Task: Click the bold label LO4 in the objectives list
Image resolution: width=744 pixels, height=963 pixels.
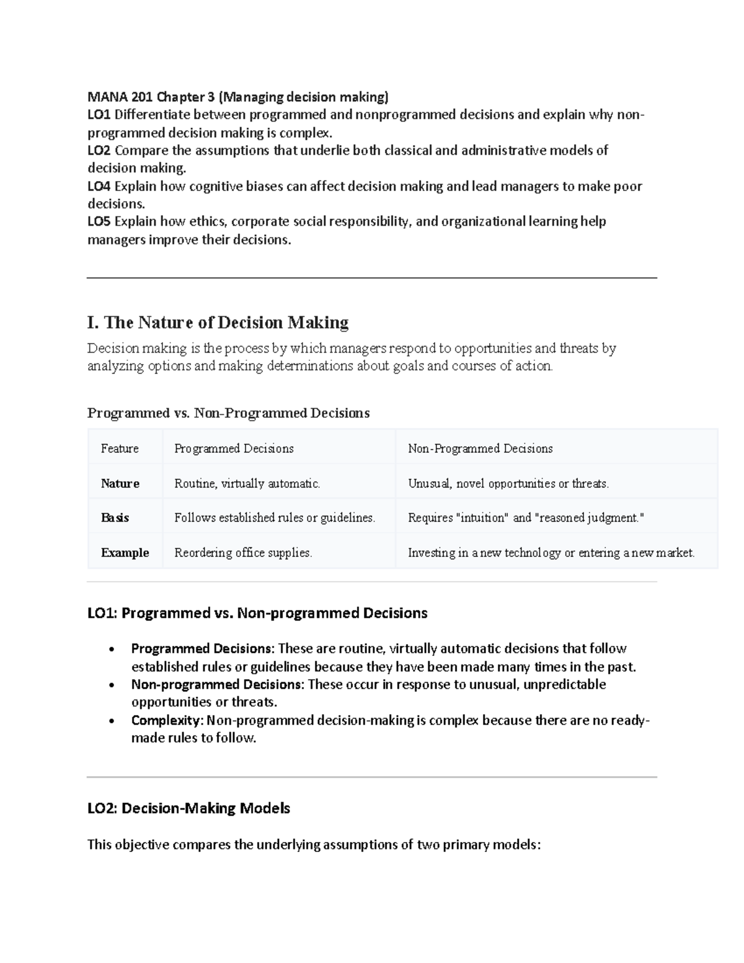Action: coord(99,186)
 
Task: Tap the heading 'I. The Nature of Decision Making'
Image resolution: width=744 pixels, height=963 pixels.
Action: coord(218,322)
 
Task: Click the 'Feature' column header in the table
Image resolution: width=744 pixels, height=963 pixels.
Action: coord(120,448)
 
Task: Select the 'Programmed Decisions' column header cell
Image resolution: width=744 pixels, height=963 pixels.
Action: coord(234,448)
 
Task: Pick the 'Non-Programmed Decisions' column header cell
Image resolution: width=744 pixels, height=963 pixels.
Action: coord(480,448)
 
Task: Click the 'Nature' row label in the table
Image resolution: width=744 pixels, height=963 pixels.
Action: coord(120,483)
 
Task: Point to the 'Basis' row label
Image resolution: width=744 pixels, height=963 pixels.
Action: coord(115,518)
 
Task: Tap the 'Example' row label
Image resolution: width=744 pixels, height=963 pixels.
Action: coord(125,553)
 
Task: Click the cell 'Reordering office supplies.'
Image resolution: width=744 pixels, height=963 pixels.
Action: coord(243,553)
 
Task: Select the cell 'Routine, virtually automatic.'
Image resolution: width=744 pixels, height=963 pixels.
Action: coord(247,483)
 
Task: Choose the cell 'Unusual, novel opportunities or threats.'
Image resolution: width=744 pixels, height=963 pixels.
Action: coord(508,483)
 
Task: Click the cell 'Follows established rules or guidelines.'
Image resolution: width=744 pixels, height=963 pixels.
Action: coord(275,518)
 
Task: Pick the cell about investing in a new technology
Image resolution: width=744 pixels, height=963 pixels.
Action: coord(551,553)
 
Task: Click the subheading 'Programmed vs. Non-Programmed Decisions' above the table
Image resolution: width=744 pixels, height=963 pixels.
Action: coord(228,413)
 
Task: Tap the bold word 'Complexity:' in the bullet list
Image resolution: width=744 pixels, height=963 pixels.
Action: coord(167,720)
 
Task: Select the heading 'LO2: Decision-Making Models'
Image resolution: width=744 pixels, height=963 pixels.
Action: coord(188,808)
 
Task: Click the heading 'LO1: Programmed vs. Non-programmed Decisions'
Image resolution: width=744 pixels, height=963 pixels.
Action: coord(257,613)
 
